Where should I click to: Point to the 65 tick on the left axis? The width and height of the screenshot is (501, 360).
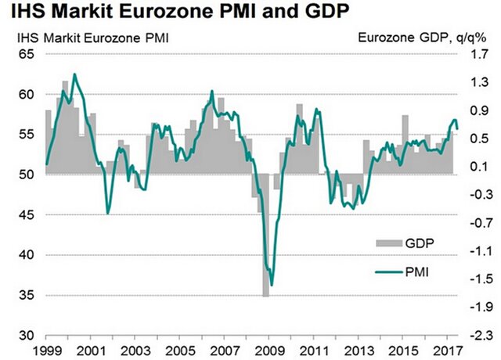tap(27, 55)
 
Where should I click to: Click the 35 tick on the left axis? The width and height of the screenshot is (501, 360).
tap(27, 295)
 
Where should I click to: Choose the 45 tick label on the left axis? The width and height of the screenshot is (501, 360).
tap(27, 215)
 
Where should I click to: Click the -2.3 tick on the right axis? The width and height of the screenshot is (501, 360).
tap(474, 335)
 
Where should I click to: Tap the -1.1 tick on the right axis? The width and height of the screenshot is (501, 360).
tap(474, 251)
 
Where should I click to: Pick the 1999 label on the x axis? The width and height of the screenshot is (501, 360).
tap(47, 348)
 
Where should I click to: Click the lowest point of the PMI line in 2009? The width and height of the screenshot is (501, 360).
tap(272, 286)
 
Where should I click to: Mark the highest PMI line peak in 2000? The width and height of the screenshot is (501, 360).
tap(74, 74)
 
